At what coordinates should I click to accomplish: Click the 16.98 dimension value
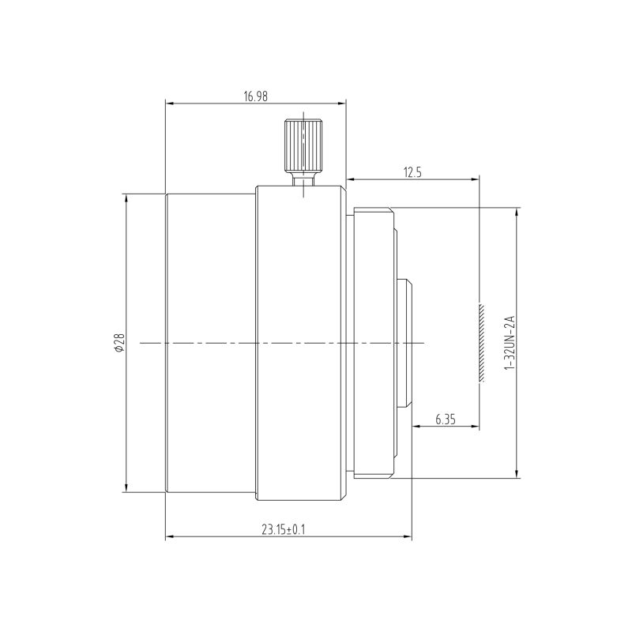point(255,96)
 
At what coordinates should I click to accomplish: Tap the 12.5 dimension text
point(412,172)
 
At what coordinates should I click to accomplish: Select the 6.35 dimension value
point(446,419)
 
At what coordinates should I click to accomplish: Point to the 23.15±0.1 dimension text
point(284,529)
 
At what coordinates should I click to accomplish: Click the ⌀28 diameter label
point(119,343)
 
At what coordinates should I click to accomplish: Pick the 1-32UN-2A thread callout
point(510,343)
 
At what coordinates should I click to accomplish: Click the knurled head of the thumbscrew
point(303,145)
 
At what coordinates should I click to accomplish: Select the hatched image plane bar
point(481,343)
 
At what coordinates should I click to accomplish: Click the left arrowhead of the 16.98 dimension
point(169,103)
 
